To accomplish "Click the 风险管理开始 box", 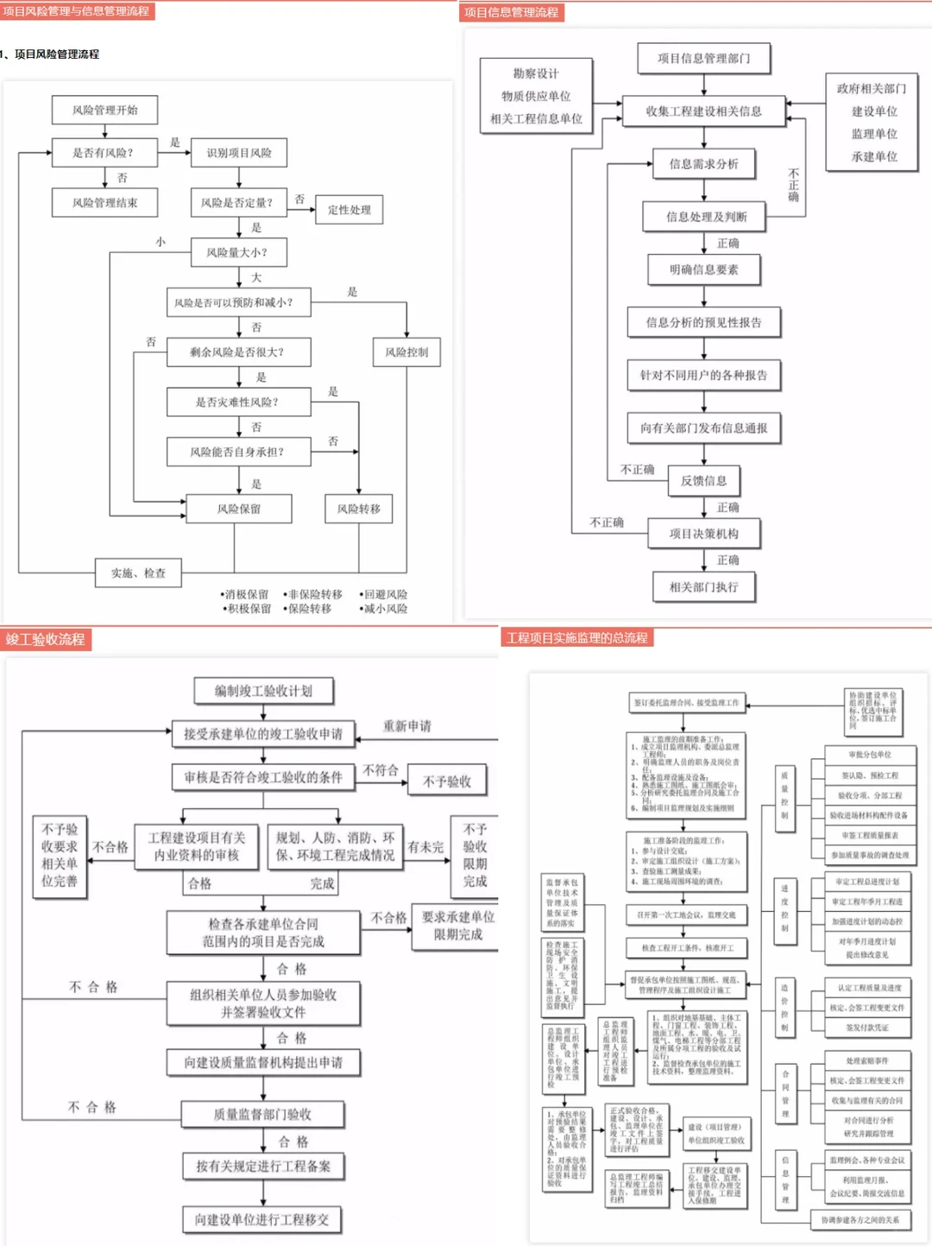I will [104, 110].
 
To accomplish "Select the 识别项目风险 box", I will [239, 153].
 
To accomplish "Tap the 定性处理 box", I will [349, 210].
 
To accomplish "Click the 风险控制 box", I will [406, 352].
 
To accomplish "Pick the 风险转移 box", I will [359, 509].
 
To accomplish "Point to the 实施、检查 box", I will [138, 572].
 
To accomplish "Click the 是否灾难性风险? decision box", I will [237, 402].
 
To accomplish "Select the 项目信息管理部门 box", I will [703, 59].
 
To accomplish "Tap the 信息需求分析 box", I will [703, 164].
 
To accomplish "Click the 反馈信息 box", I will [703, 481].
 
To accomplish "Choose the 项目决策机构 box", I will [703, 534].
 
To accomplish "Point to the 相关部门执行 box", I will [703, 587].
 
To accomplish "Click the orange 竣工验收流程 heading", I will [46, 640].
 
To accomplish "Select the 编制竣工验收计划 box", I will [263, 691].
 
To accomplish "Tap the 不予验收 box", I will [447, 781].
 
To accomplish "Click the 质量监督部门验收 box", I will [262, 1115].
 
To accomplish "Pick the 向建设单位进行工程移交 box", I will [261, 1219].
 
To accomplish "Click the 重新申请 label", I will [407, 726].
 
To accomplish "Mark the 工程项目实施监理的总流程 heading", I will [576, 638].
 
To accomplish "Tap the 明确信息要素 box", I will [703, 269].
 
